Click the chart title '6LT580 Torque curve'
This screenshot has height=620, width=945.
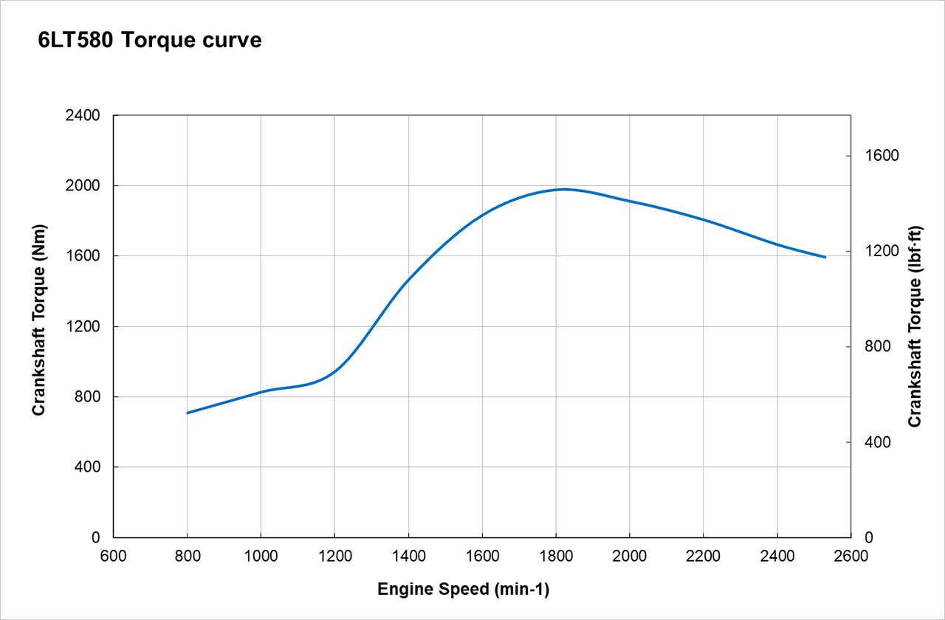(x=150, y=41)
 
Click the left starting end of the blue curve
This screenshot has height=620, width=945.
(x=188, y=413)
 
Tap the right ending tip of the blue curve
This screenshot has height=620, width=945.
(x=825, y=257)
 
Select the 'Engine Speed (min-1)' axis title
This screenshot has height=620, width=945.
(x=463, y=589)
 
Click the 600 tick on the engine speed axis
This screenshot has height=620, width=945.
(x=113, y=557)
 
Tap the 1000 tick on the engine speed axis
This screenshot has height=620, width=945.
(x=261, y=557)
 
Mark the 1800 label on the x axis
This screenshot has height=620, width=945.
(x=556, y=557)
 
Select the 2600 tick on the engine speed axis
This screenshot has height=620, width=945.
(x=851, y=557)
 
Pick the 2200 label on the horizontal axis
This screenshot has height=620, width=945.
(x=704, y=557)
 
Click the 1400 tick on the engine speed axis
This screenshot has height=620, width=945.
(x=408, y=557)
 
